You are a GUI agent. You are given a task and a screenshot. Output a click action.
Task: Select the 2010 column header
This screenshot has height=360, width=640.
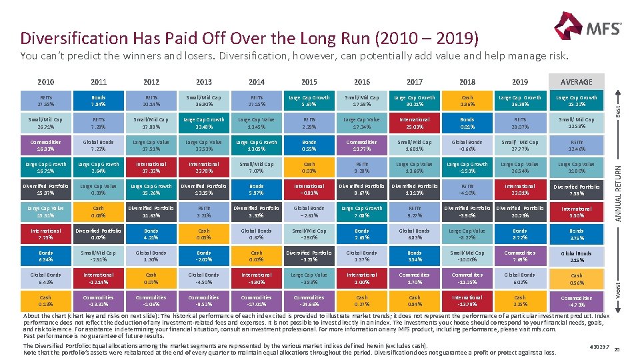(x=46, y=82)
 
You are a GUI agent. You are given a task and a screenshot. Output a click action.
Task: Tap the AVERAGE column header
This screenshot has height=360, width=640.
(x=576, y=82)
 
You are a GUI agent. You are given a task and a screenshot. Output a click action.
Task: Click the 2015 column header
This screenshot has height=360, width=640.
(x=309, y=82)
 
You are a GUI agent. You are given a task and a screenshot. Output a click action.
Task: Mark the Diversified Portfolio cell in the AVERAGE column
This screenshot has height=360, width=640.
(x=576, y=190)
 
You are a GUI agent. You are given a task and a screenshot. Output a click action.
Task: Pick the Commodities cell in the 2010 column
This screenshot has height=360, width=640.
(x=46, y=145)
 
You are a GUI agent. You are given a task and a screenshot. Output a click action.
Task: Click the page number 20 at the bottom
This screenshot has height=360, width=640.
(x=617, y=349)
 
